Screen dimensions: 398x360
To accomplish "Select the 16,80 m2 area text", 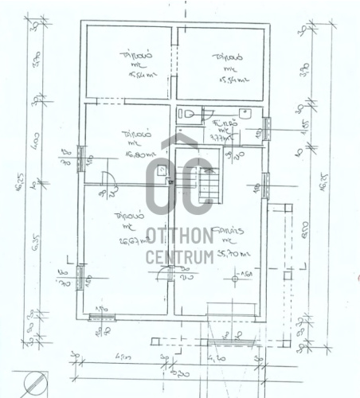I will click(133, 156).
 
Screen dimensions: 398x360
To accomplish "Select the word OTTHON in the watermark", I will click(179, 236).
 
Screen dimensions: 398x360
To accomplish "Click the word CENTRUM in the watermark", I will click(179, 256).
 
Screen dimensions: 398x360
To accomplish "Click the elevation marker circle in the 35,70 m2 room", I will click(235, 279).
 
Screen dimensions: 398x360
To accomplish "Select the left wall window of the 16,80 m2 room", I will click(80, 159).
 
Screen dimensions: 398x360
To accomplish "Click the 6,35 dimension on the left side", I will click(34, 240).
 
